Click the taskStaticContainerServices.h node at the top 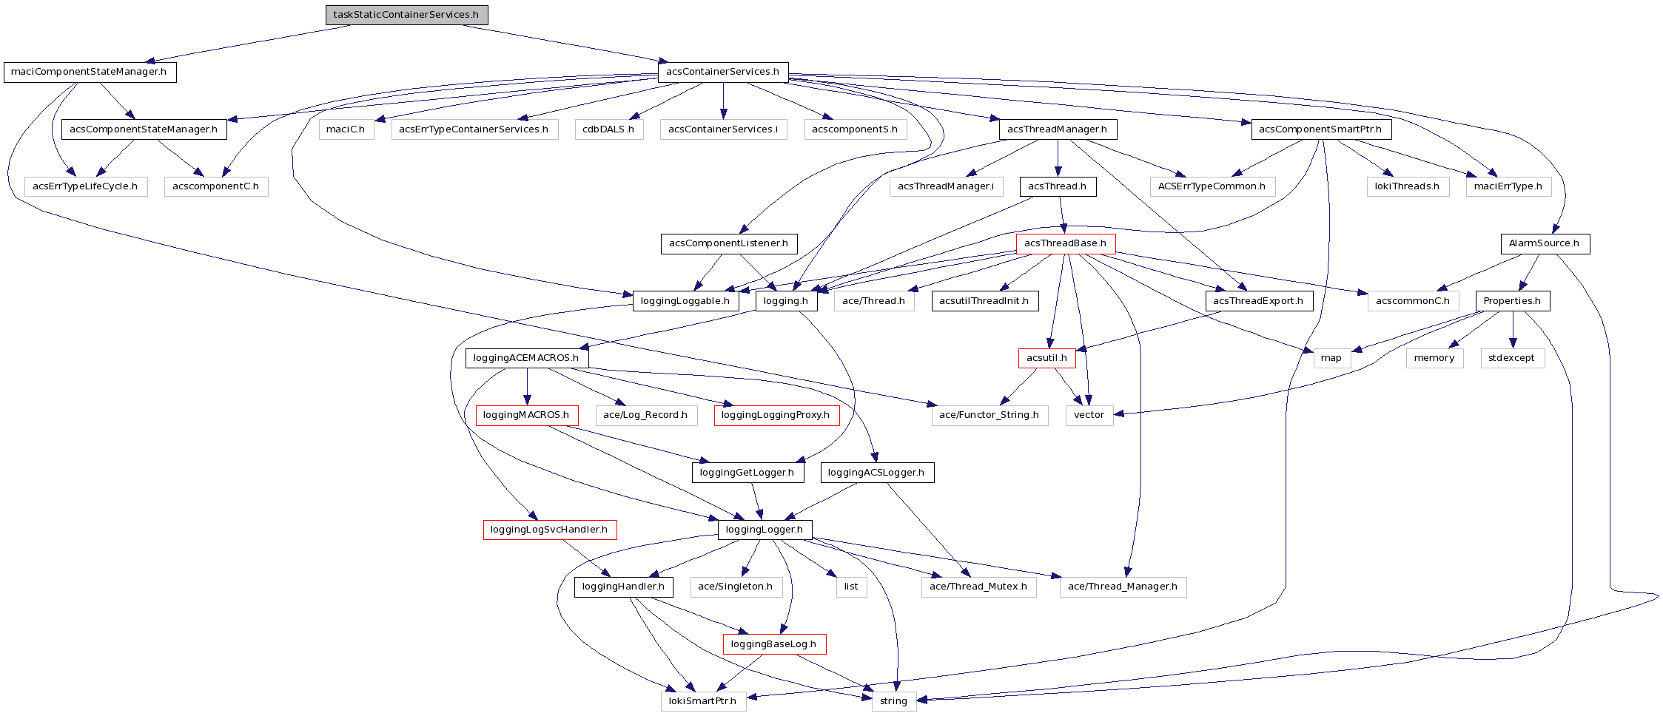406,15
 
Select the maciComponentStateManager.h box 90,72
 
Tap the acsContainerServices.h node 722,72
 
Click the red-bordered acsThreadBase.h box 1065,243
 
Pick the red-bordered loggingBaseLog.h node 773,644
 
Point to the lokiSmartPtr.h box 702,701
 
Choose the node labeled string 893,701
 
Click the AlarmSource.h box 1544,243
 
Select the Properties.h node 1512,301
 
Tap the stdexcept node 1511,358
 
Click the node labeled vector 1089,415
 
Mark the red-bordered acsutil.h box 1046,358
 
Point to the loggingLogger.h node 765,530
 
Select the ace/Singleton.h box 736,587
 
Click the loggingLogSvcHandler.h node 549,530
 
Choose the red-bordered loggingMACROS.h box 526,415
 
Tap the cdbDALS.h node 608,129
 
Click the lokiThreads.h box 1407,186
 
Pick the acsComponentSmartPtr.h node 1320,129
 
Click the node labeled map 1331,358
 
